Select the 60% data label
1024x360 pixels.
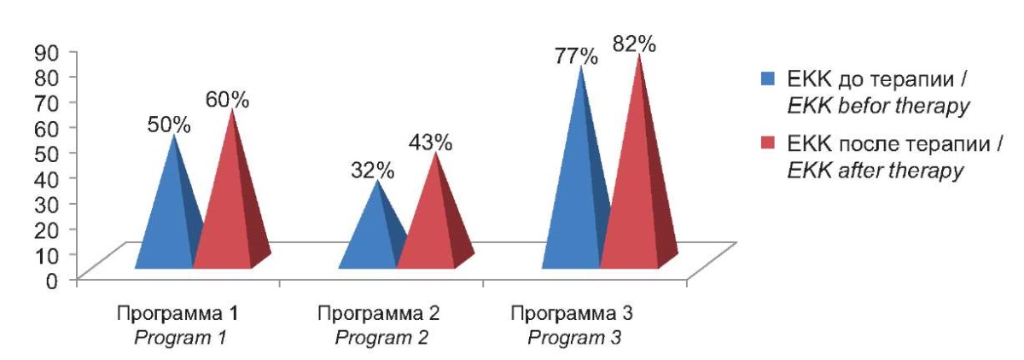[226, 100]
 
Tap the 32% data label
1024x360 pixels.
[372, 169]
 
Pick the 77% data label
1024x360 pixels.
[576, 56]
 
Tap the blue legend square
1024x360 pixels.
[767, 80]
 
